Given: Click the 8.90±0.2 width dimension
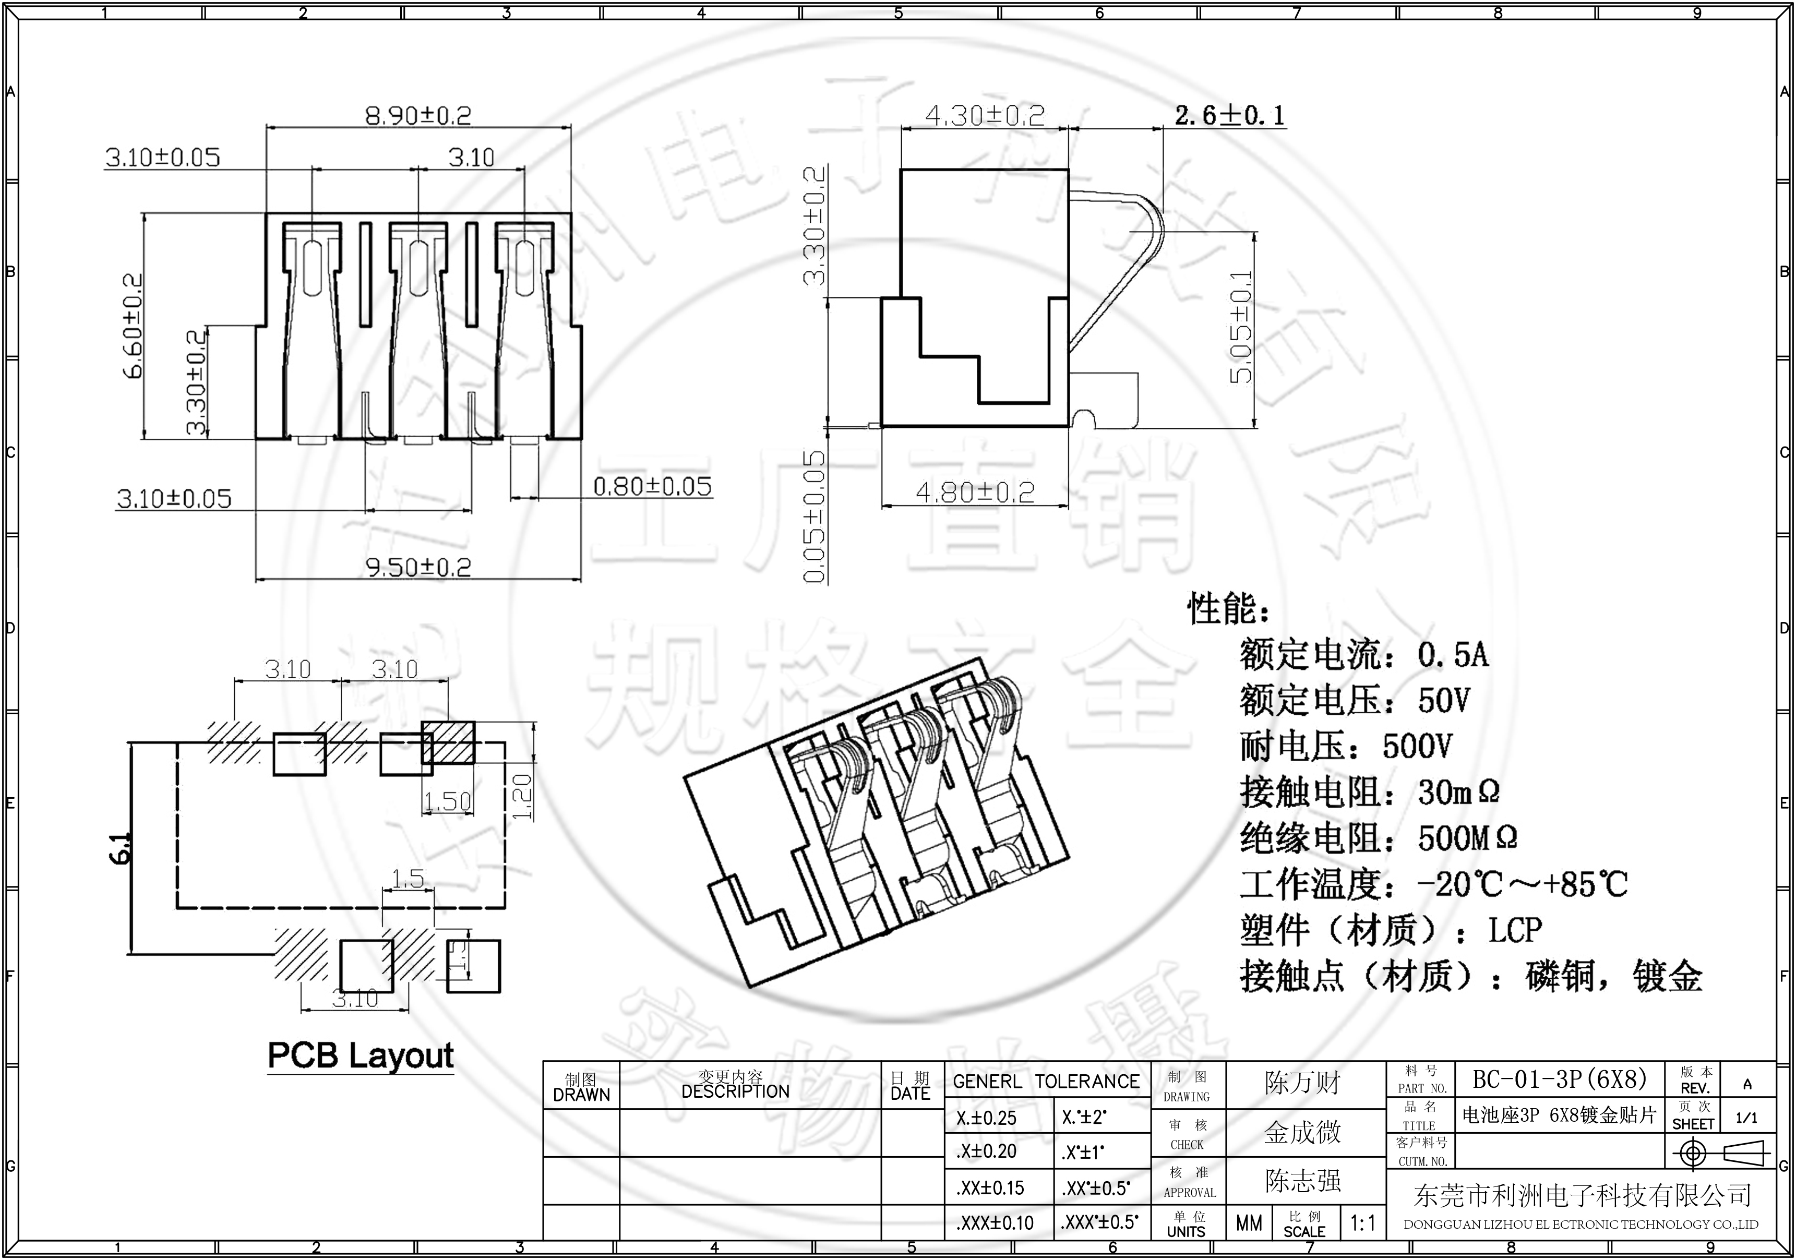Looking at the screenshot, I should coord(418,116).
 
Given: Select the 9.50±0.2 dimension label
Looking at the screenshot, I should coord(418,567).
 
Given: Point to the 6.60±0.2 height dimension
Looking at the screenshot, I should coord(133,326).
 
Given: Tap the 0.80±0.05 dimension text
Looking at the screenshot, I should coord(652,486).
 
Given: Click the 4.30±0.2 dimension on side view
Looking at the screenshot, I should coord(984,116).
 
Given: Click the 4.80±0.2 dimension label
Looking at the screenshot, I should coord(975,492).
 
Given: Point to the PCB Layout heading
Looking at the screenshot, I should coord(361,1055).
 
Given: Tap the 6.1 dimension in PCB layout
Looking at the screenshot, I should coord(121,848).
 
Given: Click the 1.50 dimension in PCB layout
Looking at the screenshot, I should coord(448,801).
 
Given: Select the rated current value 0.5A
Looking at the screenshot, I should coord(1453,655).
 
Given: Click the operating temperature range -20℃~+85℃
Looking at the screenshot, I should coord(1522,884).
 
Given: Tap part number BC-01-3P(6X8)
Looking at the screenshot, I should coord(1560,1079).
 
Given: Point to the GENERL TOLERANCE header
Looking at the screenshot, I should coord(1046,1082).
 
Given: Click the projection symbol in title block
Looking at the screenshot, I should coord(1719,1153).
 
